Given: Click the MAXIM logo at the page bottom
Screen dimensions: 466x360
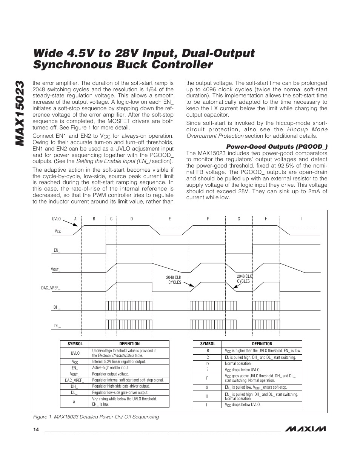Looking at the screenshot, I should tap(305, 429).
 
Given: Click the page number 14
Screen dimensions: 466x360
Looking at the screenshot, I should tap(35, 430).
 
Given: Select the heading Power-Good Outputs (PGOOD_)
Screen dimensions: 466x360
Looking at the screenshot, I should tap(276, 146).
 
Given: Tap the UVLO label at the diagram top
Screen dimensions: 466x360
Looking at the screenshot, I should tap(56, 219).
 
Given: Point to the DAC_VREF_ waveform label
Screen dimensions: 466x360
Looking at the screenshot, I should tap(51, 288).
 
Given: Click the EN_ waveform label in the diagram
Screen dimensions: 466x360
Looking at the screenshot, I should tap(57, 250).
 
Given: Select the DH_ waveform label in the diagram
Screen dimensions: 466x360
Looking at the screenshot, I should tap(57, 307).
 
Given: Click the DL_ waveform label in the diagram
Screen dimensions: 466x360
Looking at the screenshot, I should tap(57, 326).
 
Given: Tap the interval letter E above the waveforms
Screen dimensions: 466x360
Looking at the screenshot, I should tap(170, 219).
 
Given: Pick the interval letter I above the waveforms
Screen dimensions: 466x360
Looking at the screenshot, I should tap(301, 219).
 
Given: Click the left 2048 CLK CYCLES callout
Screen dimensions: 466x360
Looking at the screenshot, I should tap(174, 280).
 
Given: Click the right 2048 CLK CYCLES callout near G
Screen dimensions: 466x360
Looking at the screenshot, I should tap(243, 278).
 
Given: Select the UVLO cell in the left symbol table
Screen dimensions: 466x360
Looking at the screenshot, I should tap(75, 353).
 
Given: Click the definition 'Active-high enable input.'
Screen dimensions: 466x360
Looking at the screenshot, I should tap(111, 368).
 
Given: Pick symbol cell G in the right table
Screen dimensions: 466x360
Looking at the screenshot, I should tap(208, 388).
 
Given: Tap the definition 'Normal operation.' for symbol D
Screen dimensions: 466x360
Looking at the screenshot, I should tap(238, 364).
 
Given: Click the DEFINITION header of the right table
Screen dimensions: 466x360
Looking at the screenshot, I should tap(262, 344).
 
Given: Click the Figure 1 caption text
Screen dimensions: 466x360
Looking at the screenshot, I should tap(96, 417).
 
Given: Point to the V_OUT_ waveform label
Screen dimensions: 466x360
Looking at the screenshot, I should tap(55, 269).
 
